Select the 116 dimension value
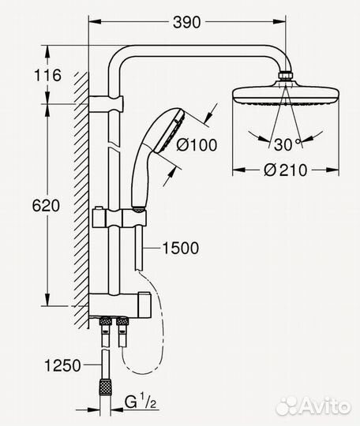[25, 77]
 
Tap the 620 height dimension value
[24, 207]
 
